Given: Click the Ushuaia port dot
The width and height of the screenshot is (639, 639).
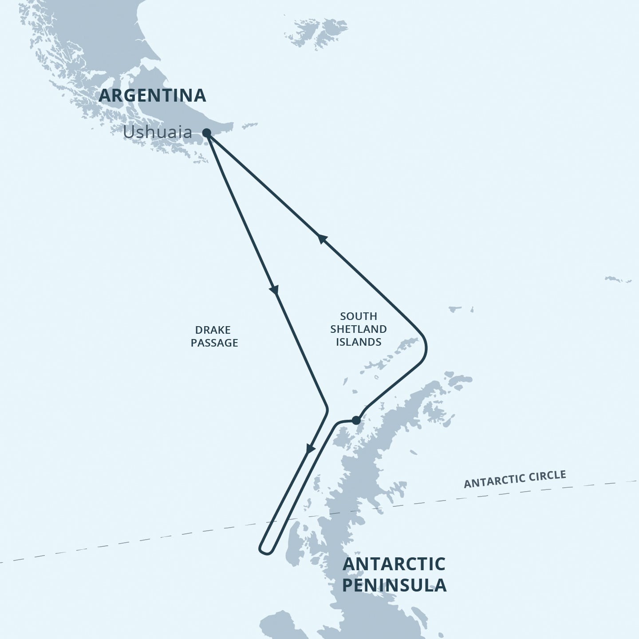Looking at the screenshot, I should [206, 133].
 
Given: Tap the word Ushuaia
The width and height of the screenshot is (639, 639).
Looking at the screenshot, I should [158, 132].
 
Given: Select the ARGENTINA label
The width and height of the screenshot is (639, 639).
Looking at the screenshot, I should [152, 95].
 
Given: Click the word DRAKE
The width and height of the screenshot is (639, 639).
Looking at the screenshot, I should [213, 330].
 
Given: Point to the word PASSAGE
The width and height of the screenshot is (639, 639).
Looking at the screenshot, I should [214, 343].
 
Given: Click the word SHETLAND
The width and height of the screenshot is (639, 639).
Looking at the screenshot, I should [359, 329].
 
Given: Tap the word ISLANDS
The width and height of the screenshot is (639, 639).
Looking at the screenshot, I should [359, 342].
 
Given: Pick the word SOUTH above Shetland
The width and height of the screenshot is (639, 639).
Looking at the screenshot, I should [359, 316].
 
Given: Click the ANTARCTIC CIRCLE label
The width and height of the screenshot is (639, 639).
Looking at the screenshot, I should [515, 479].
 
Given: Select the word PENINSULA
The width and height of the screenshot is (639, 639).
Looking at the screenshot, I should [394, 585].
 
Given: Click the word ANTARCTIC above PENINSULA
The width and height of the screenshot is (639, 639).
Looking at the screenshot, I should [394, 564].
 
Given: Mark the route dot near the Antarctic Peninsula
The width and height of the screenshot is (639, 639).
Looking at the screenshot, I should [356, 420].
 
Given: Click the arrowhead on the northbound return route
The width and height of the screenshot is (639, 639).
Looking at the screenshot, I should [323, 239].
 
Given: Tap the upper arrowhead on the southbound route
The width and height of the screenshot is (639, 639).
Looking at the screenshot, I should [274, 290].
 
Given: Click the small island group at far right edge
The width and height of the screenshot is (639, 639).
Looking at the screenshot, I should [618, 280].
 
